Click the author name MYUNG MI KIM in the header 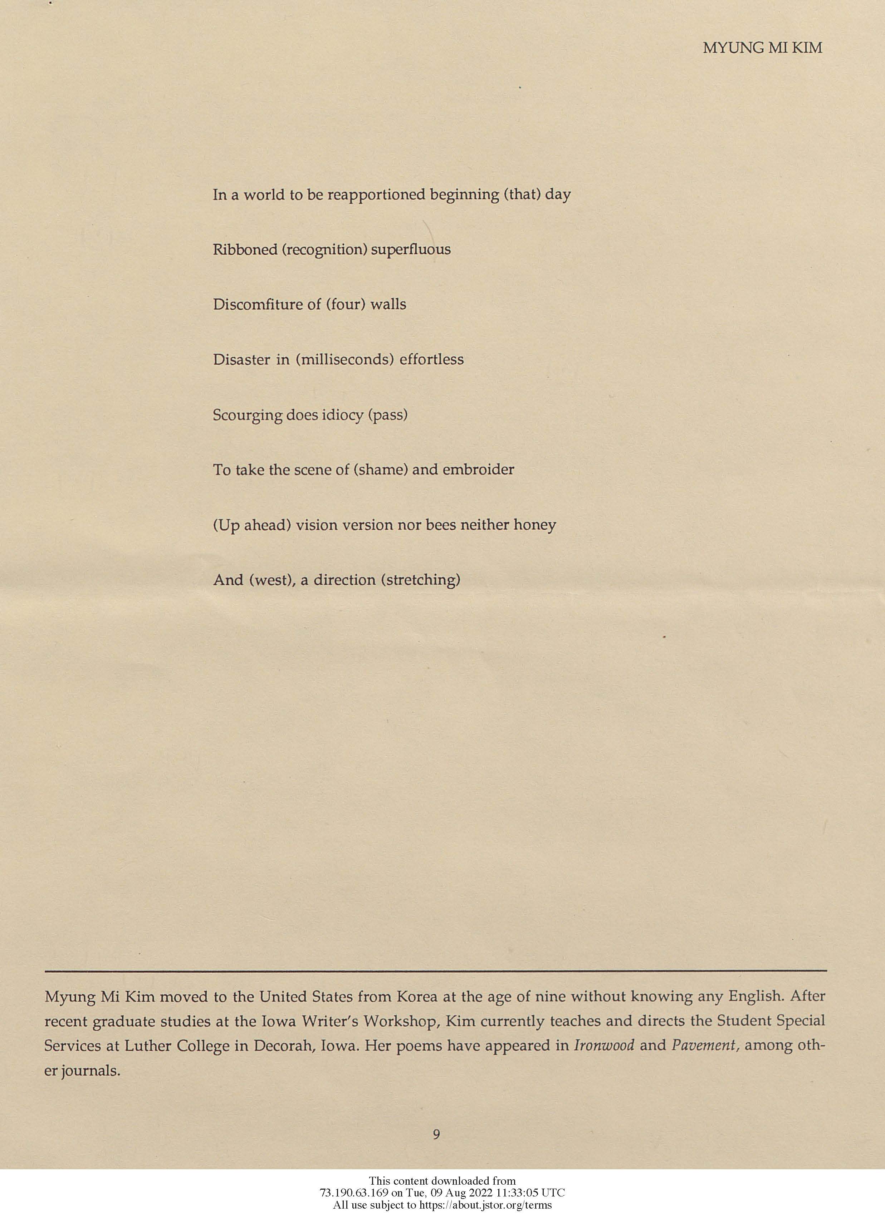762,48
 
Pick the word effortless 431,360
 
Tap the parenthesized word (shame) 381,470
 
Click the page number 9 436,1134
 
